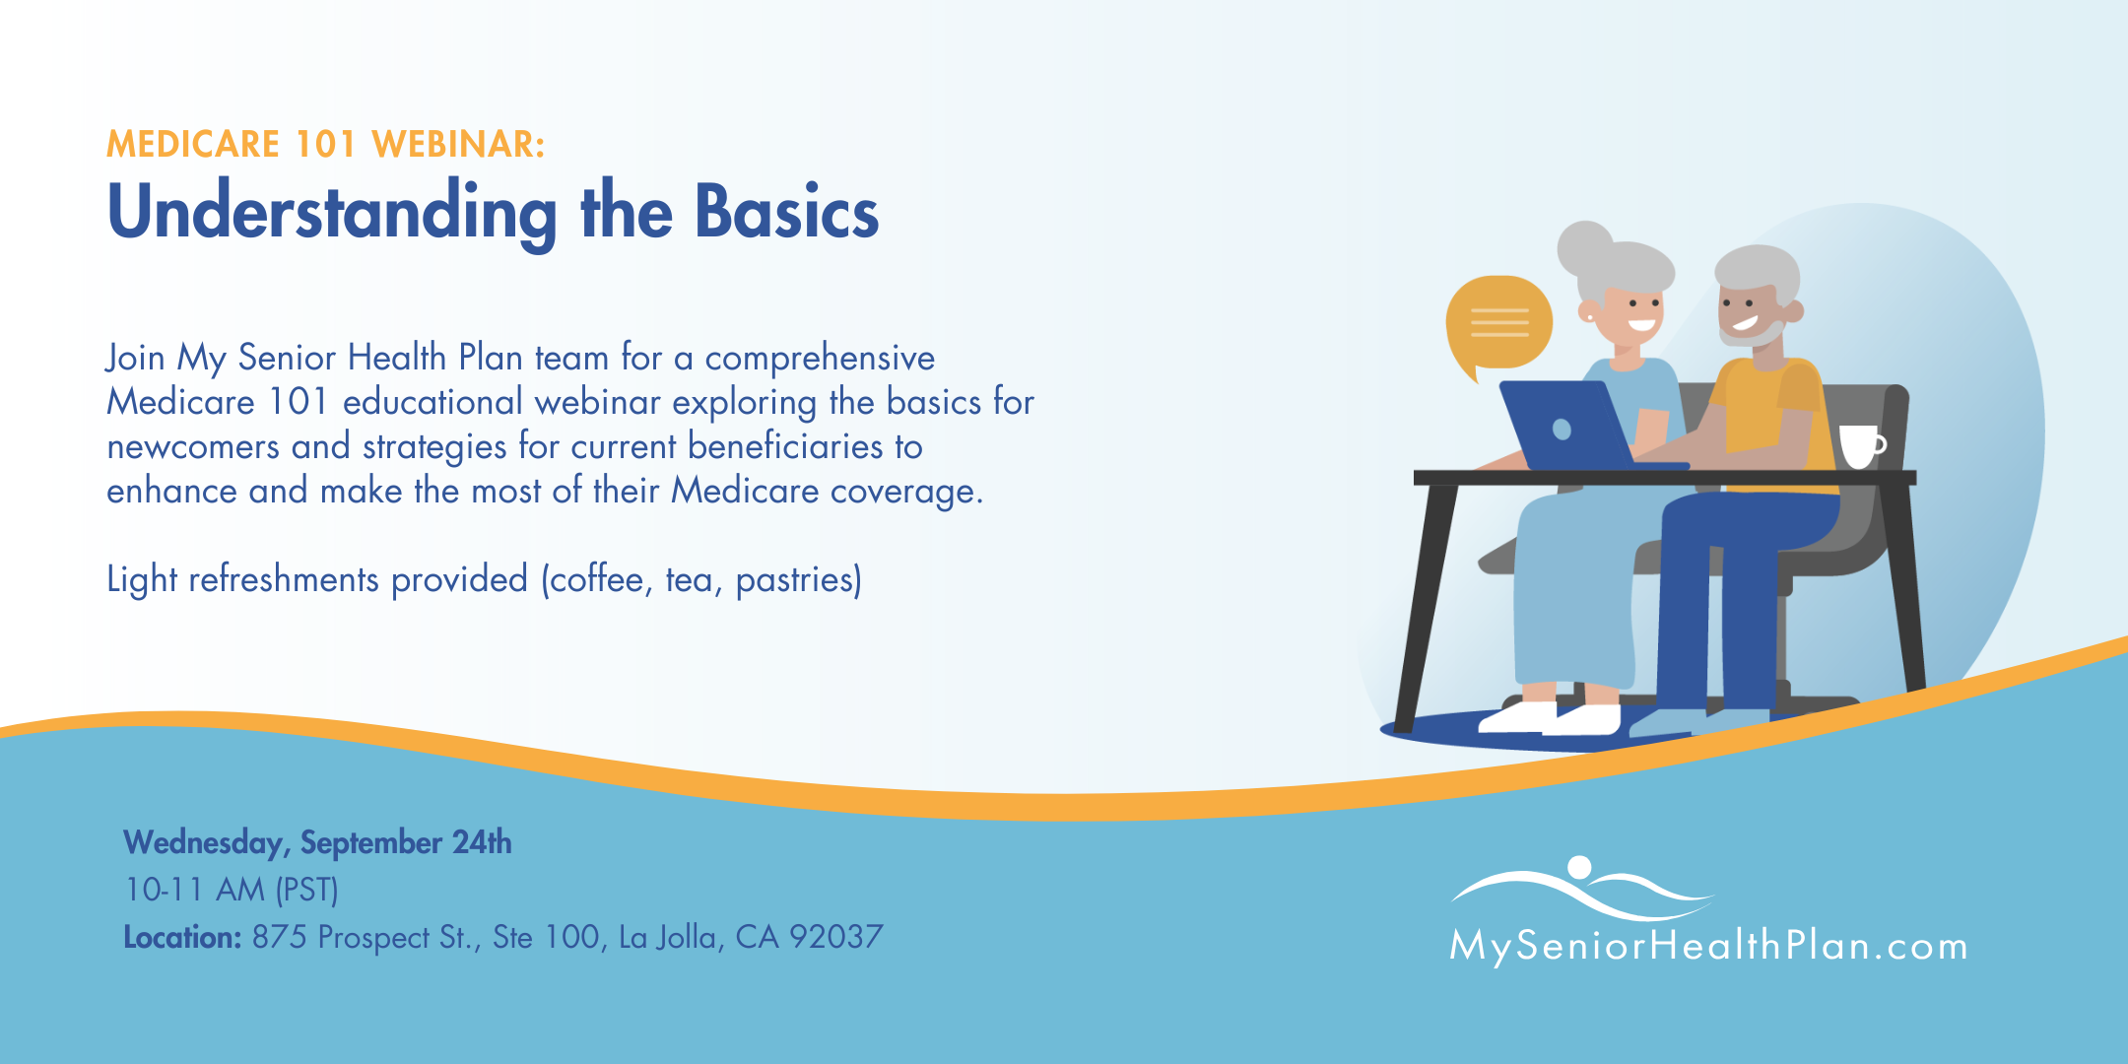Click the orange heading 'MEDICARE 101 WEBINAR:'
click(325, 145)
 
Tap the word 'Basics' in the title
click(786, 211)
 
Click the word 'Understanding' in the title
click(332, 214)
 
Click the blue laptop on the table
click(1576, 426)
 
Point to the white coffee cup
click(1861, 446)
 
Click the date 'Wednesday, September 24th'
click(317, 843)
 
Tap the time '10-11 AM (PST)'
click(232, 890)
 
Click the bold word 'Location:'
click(182, 937)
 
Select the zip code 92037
click(836, 937)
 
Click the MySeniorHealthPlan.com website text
click(1708, 946)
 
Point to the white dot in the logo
click(1579, 867)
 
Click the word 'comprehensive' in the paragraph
click(820, 359)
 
